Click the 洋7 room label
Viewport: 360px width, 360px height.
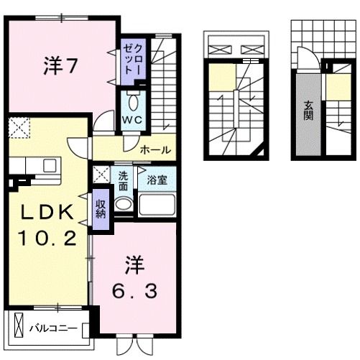pyautogui.click(x=60, y=66)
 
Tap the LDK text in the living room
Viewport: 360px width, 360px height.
pyautogui.click(x=47, y=212)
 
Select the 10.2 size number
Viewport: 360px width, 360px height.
pyautogui.click(x=48, y=238)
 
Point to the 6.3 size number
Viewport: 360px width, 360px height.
pyautogui.click(x=135, y=290)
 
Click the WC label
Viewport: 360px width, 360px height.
pyautogui.click(x=132, y=120)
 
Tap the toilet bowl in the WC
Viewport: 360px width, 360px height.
pyautogui.click(x=133, y=103)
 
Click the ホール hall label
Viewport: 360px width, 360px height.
pyautogui.click(x=155, y=150)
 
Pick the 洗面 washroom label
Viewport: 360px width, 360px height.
pyautogui.click(x=123, y=181)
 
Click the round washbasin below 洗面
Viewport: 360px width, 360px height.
pyautogui.click(x=124, y=204)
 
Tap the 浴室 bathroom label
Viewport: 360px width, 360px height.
pyautogui.click(x=157, y=180)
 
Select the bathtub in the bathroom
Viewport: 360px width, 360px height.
pyautogui.click(x=157, y=205)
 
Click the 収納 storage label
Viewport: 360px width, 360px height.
pyautogui.click(x=101, y=208)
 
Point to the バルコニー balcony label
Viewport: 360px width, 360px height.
pyautogui.click(x=53, y=328)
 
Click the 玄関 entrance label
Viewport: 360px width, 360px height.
pyautogui.click(x=308, y=111)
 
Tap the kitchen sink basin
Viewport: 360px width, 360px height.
pyautogui.click(x=50, y=166)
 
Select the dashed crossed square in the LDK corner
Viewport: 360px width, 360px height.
pyautogui.click(x=19, y=128)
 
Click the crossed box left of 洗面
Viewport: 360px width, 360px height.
pyautogui.click(x=101, y=175)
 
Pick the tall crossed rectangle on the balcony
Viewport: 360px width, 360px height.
pyautogui.click(x=19, y=325)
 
